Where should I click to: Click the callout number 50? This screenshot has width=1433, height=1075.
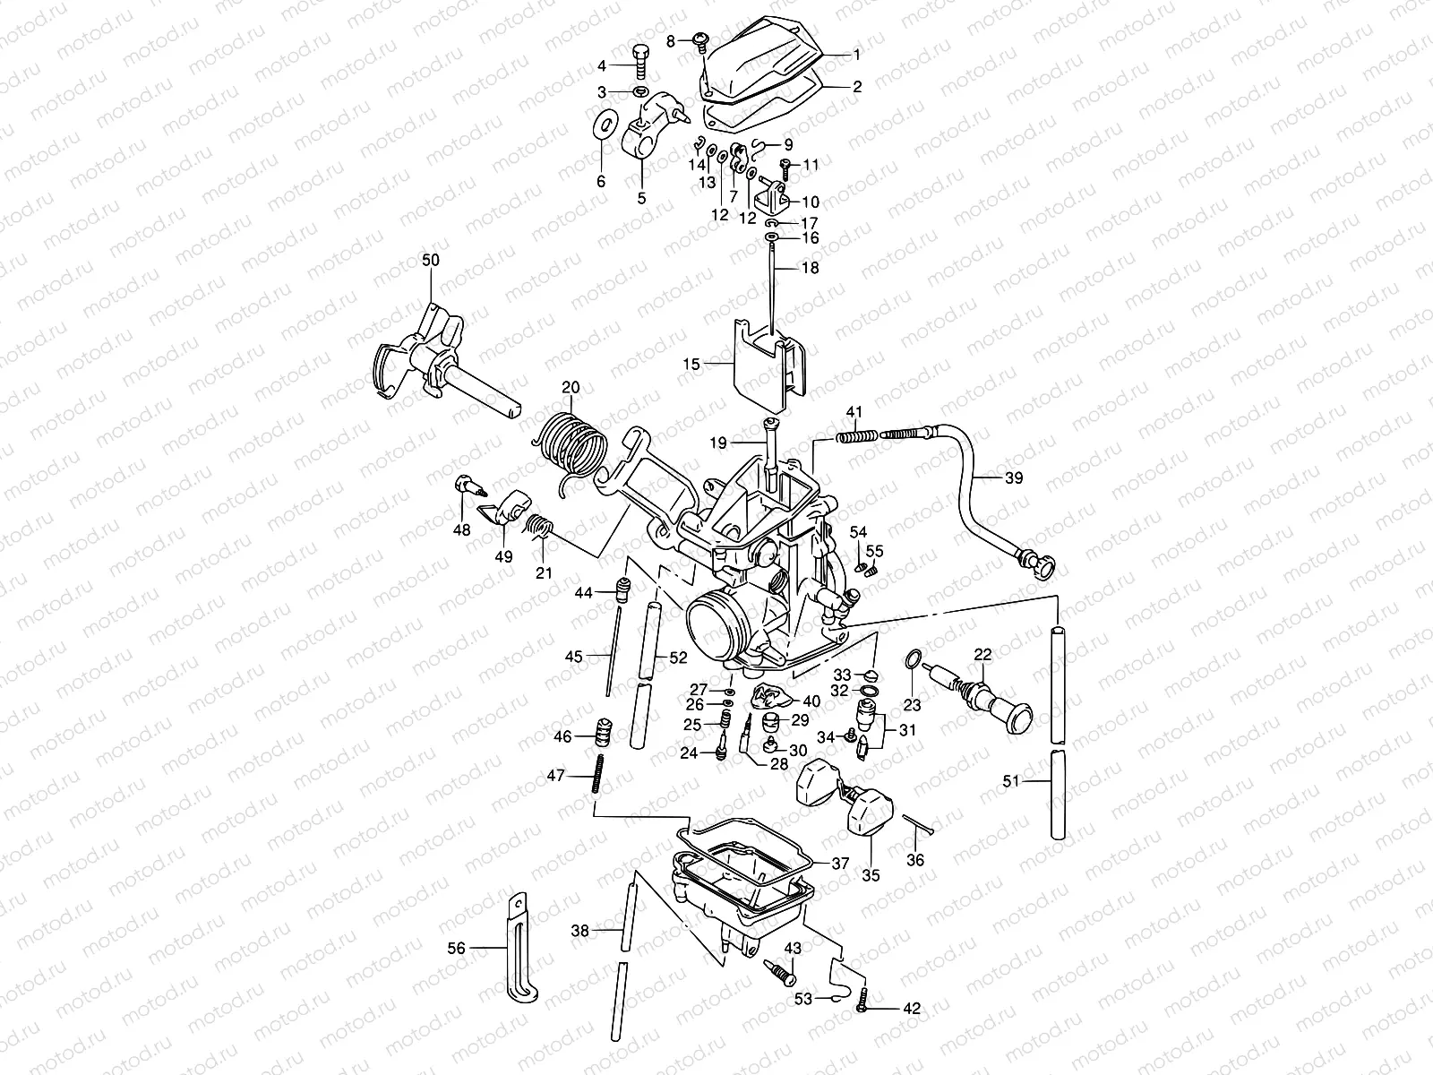431,260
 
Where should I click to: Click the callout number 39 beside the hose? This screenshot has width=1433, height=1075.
1013,478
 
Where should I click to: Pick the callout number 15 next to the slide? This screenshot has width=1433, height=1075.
691,364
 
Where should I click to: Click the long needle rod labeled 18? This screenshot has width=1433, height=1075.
771,287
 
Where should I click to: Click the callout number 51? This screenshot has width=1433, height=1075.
1010,782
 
